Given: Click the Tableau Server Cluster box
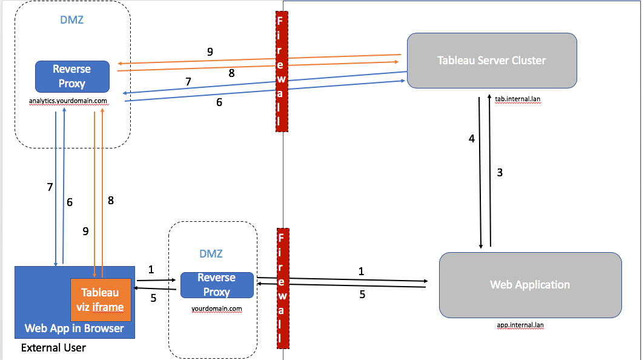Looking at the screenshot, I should pyautogui.click(x=491, y=60).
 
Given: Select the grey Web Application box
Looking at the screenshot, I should pyautogui.click(x=530, y=284).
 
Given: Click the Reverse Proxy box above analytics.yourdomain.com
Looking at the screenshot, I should pyautogui.click(x=72, y=76).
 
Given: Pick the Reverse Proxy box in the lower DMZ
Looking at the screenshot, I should pyautogui.click(x=216, y=285).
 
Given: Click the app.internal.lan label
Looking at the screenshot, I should pyautogui.click(x=520, y=325).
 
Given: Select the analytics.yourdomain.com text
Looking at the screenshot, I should pyautogui.click(x=68, y=101).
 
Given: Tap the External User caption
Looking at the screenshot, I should pyautogui.click(x=53, y=348).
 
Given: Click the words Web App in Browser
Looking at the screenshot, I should pyautogui.click(x=74, y=328).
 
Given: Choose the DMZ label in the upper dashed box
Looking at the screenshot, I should pyautogui.click(x=71, y=20).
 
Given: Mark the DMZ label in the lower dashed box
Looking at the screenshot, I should pyautogui.click(x=211, y=253).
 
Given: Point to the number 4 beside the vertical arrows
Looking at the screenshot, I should pyautogui.click(x=472, y=139).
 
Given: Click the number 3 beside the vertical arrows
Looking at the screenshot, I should pyautogui.click(x=500, y=173).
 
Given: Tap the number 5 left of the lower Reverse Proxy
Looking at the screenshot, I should pyautogui.click(x=153, y=298).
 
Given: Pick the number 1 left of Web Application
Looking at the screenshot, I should pyautogui.click(x=362, y=272).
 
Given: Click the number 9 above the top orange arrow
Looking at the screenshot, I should pyautogui.click(x=210, y=52).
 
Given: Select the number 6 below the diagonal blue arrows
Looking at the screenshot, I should pyautogui.click(x=219, y=102).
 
